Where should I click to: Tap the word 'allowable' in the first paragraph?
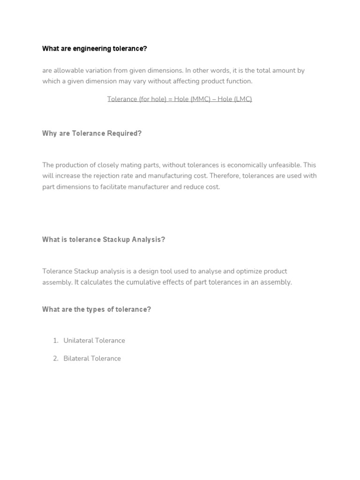(68, 70)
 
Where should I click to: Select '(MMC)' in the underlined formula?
(201, 99)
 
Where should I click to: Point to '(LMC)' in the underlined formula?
(243, 99)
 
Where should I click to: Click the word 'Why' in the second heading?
(48, 133)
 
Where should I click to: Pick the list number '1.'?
(56, 340)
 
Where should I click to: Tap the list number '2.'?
(56, 358)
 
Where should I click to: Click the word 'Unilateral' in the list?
(78, 340)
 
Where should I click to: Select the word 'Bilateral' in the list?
(76, 358)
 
